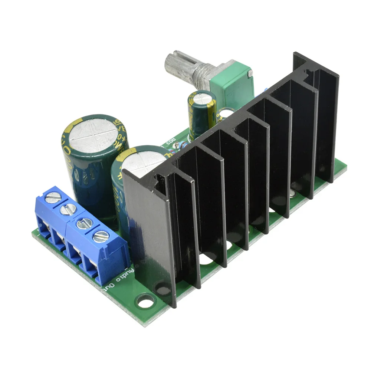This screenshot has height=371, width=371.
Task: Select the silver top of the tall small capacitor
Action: point(202,98)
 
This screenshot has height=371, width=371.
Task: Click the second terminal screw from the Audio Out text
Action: point(84,223)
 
